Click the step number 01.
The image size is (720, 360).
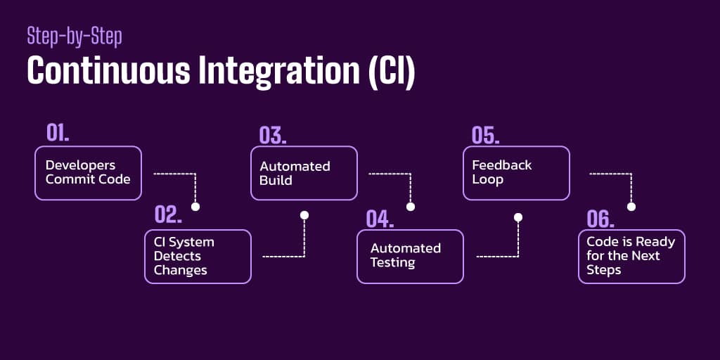[x=58, y=133]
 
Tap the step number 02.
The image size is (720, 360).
[x=169, y=216]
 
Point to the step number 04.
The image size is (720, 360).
[x=380, y=218]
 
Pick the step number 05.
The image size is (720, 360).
[x=485, y=135]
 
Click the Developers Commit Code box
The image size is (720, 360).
[x=88, y=173]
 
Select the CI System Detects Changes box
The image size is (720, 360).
[x=198, y=256]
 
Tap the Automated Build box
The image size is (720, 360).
[x=304, y=173]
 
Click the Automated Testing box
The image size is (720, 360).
[x=410, y=256]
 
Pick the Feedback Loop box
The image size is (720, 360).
[x=515, y=173]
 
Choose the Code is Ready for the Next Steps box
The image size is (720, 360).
[x=631, y=256]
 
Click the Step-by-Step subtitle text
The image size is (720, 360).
[x=74, y=36]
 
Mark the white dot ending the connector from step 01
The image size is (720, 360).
[x=195, y=207]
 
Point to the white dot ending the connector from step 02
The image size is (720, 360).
[x=304, y=215]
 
